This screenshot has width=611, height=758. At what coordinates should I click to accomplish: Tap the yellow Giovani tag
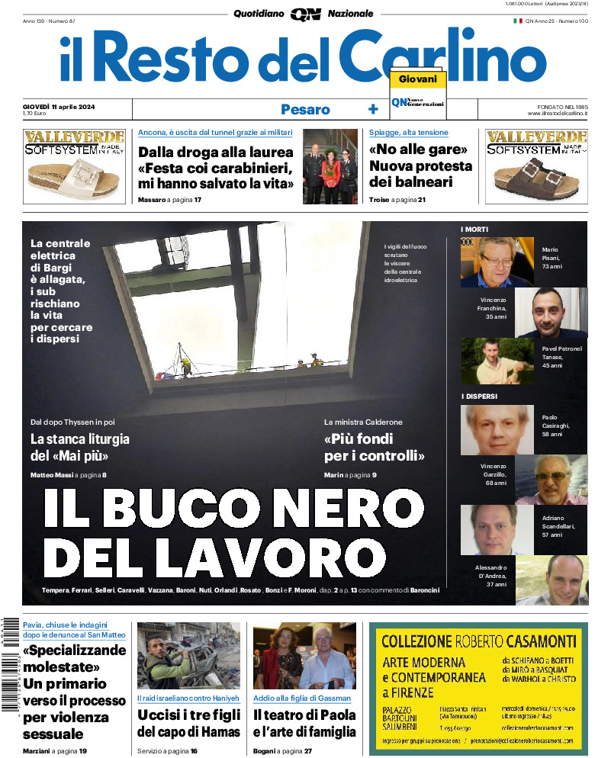click(417, 79)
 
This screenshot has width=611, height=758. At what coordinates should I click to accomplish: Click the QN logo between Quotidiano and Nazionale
click(305, 14)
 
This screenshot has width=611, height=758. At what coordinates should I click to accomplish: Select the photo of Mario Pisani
click(497, 262)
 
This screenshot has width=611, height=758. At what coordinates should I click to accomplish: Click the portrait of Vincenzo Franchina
click(552, 312)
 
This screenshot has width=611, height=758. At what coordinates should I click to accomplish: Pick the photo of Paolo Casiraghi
click(497, 429)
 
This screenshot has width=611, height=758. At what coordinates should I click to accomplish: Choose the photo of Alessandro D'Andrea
click(552, 580)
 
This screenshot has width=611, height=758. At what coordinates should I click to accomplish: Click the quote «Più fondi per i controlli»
click(374, 448)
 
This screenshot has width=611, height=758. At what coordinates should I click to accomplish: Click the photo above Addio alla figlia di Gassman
click(304, 656)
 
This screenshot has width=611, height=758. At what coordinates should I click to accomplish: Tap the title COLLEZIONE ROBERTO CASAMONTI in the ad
click(474, 641)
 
